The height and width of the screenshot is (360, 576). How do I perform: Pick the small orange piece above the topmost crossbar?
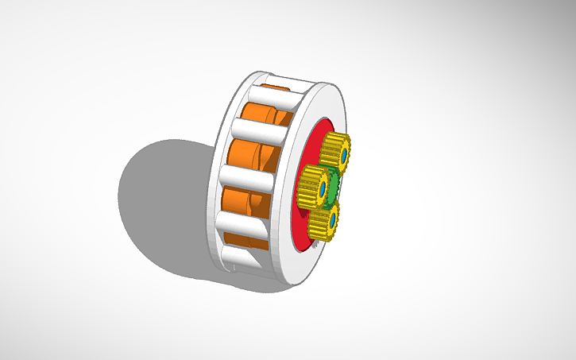[x=274, y=86]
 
